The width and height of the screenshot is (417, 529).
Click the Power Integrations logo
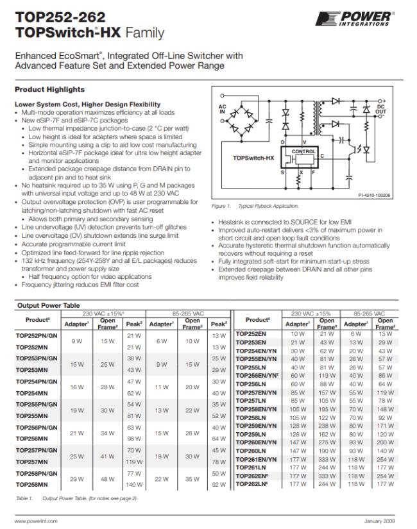(x=364, y=18)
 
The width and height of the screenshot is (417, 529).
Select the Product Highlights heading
(x=49, y=89)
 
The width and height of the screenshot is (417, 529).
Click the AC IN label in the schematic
(x=223, y=109)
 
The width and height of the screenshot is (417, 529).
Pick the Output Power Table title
(x=49, y=305)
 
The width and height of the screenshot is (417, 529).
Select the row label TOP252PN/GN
(x=36, y=335)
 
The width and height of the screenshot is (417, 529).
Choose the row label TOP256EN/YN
(x=256, y=375)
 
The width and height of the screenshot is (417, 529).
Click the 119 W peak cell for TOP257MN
(x=134, y=461)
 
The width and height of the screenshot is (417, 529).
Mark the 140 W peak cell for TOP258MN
(x=134, y=485)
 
